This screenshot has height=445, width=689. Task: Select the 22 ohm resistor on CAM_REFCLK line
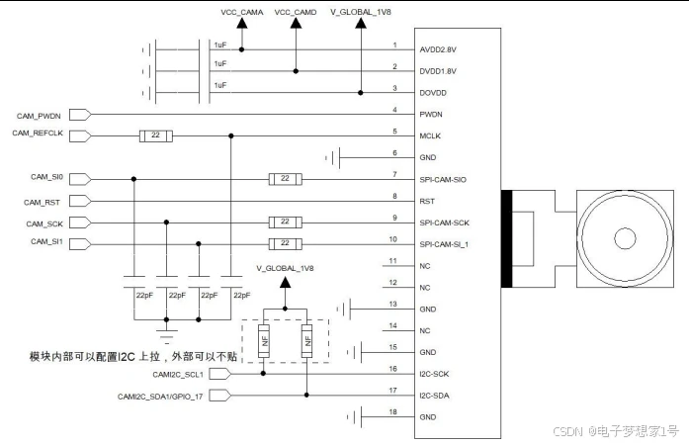tap(155, 135)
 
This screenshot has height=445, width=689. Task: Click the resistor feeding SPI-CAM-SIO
tap(285, 179)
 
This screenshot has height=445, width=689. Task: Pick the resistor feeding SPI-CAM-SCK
tap(285, 222)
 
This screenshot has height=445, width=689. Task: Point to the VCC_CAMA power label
tap(241, 11)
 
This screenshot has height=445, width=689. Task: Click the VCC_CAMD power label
tap(296, 11)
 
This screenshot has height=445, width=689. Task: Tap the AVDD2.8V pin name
tap(441, 46)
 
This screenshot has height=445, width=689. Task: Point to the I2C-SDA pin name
tap(437, 396)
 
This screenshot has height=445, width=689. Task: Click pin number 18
tap(394, 410)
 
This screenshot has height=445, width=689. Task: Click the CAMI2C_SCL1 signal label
tap(177, 374)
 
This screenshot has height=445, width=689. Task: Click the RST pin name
tap(428, 201)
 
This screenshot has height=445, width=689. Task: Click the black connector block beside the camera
tap(507, 237)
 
